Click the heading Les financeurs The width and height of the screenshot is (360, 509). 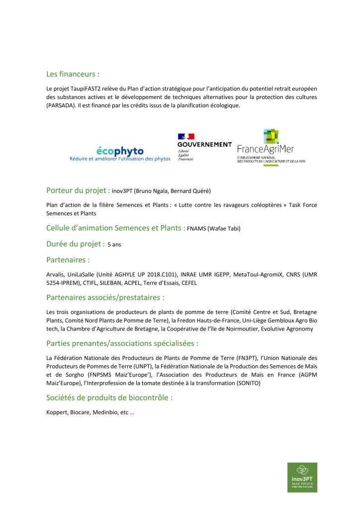(73, 74)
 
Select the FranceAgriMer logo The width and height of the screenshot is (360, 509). (271, 148)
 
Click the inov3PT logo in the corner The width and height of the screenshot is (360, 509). (302, 477)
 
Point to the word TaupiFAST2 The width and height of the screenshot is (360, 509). (80, 88)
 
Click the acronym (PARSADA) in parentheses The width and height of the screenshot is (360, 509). (62, 106)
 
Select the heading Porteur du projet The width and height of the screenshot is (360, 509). (78, 190)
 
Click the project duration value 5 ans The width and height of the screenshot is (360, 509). (114, 245)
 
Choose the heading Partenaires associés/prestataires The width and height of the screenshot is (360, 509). (105, 298)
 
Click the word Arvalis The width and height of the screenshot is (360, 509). (55, 274)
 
